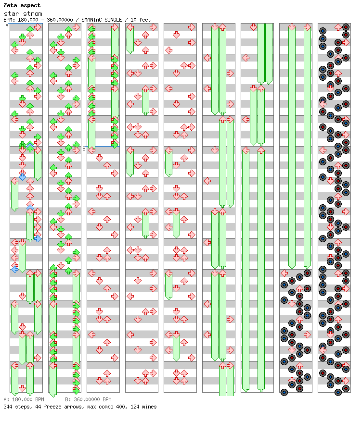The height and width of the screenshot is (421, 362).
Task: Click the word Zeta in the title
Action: click(10, 5)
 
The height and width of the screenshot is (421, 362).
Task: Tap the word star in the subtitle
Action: click(11, 13)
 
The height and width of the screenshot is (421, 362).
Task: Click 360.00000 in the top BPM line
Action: click(60, 20)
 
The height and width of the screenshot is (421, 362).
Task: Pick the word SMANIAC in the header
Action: click(92, 20)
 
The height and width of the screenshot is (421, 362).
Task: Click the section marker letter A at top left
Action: click(7, 26)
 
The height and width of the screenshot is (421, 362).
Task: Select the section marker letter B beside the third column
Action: click(84, 149)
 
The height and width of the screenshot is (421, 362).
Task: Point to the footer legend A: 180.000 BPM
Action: click(24, 399)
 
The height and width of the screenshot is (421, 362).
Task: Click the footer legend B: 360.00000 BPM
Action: click(88, 399)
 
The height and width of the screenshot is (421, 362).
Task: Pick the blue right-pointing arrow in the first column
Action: click(38, 238)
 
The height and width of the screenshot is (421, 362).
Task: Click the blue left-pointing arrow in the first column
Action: click(15, 269)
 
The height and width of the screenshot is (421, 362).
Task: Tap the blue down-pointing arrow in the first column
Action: click(22, 177)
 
